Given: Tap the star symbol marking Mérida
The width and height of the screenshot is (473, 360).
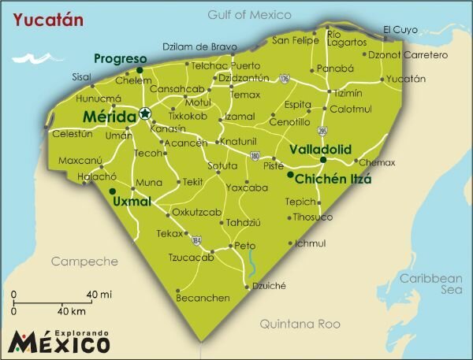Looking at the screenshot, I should pyautogui.click(x=145, y=113).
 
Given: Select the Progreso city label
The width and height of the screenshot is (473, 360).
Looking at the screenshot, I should pyautogui.click(x=120, y=59).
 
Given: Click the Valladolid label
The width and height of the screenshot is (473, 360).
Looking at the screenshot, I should pyautogui.click(x=319, y=149).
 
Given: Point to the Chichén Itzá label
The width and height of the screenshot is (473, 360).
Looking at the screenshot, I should pyautogui.click(x=333, y=179).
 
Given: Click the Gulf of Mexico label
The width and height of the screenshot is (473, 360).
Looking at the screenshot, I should pyautogui.click(x=248, y=15).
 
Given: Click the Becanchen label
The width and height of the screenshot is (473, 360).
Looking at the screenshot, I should pyautogui.click(x=203, y=298).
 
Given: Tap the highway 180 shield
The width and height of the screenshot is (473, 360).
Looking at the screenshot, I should pyautogui.click(x=255, y=156).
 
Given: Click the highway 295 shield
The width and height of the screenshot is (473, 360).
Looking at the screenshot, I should pyautogui.click(x=322, y=129).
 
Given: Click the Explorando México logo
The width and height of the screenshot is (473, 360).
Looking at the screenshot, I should pyautogui.click(x=59, y=340).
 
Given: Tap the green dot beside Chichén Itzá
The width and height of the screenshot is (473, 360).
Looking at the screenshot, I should pyautogui.click(x=290, y=175).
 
